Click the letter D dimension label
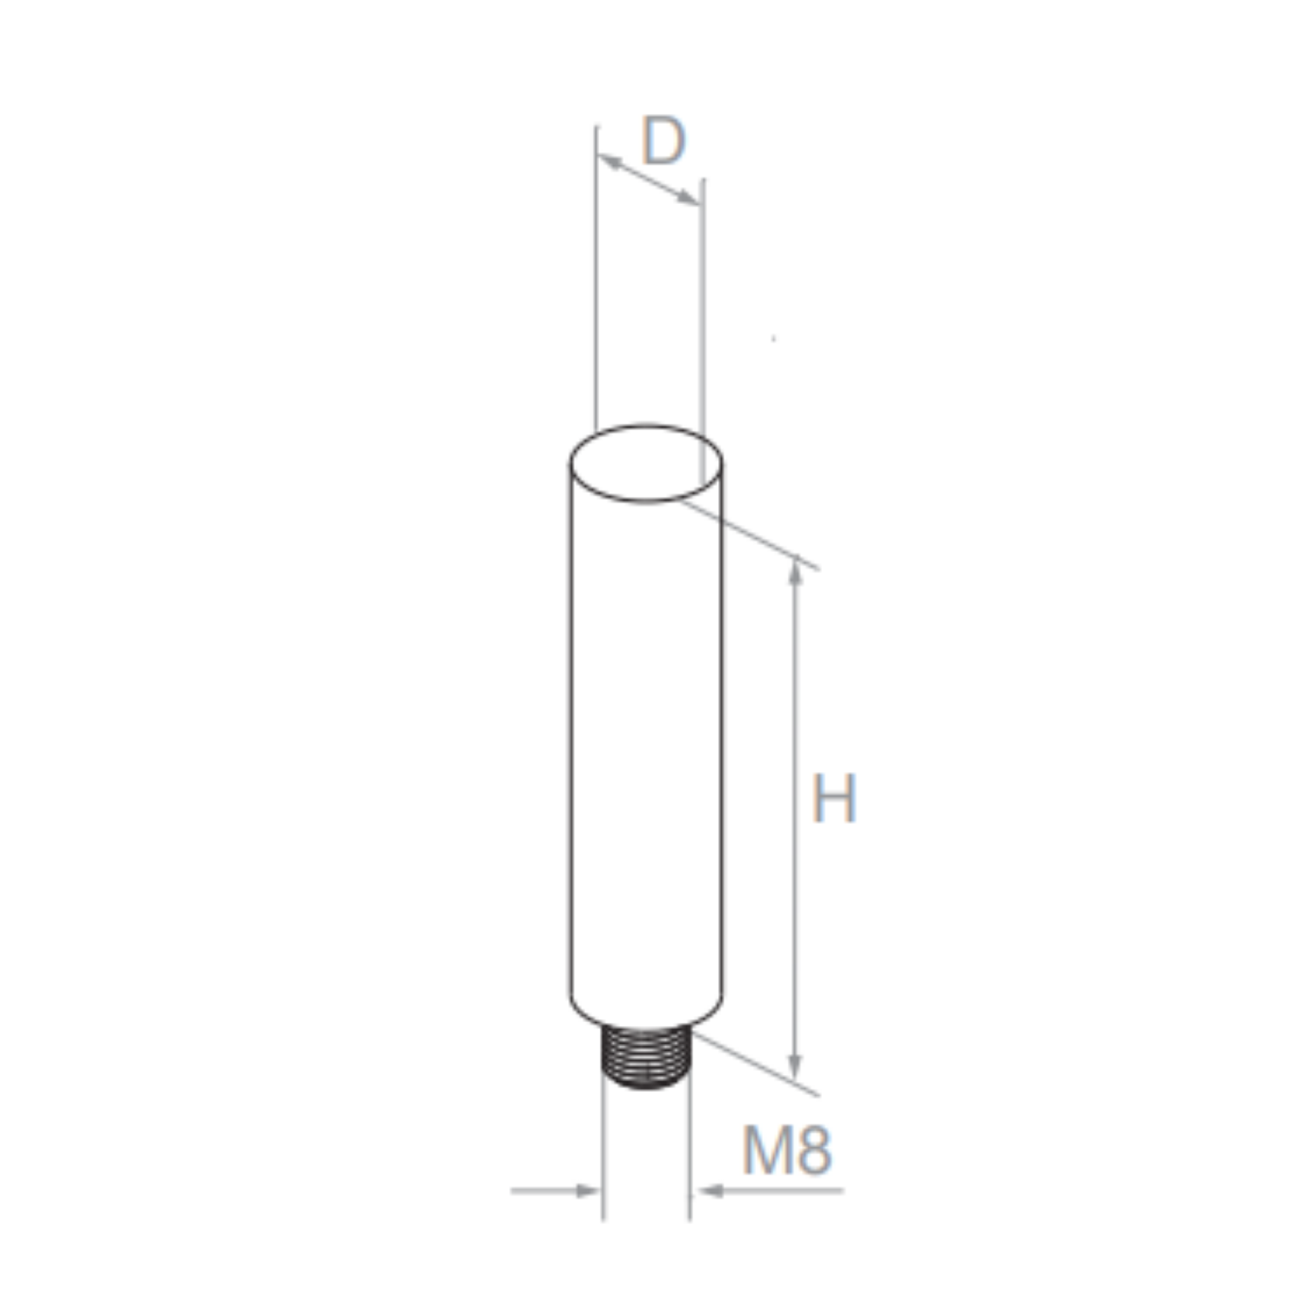tap(663, 141)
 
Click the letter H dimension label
tap(833, 799)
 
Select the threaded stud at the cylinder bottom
tap(645, 1059)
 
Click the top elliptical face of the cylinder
tap(645, 463)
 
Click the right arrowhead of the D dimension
tap(687, 198)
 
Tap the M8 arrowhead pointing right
tap(588, 1190)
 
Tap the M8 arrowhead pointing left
tap(711, 1190)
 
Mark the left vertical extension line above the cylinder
tap(597, 280)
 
